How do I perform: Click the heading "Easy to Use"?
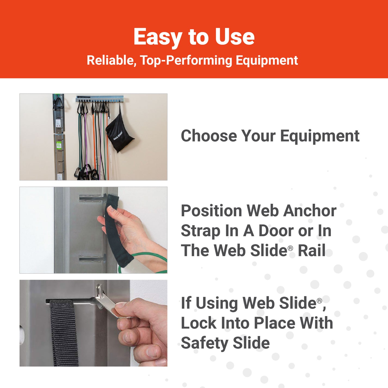[x=194, y=37]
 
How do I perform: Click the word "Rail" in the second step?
[x=312, y=251]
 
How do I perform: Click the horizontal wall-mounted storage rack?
[x=100, y=99]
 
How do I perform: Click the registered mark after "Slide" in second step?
[x=290, y=248]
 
